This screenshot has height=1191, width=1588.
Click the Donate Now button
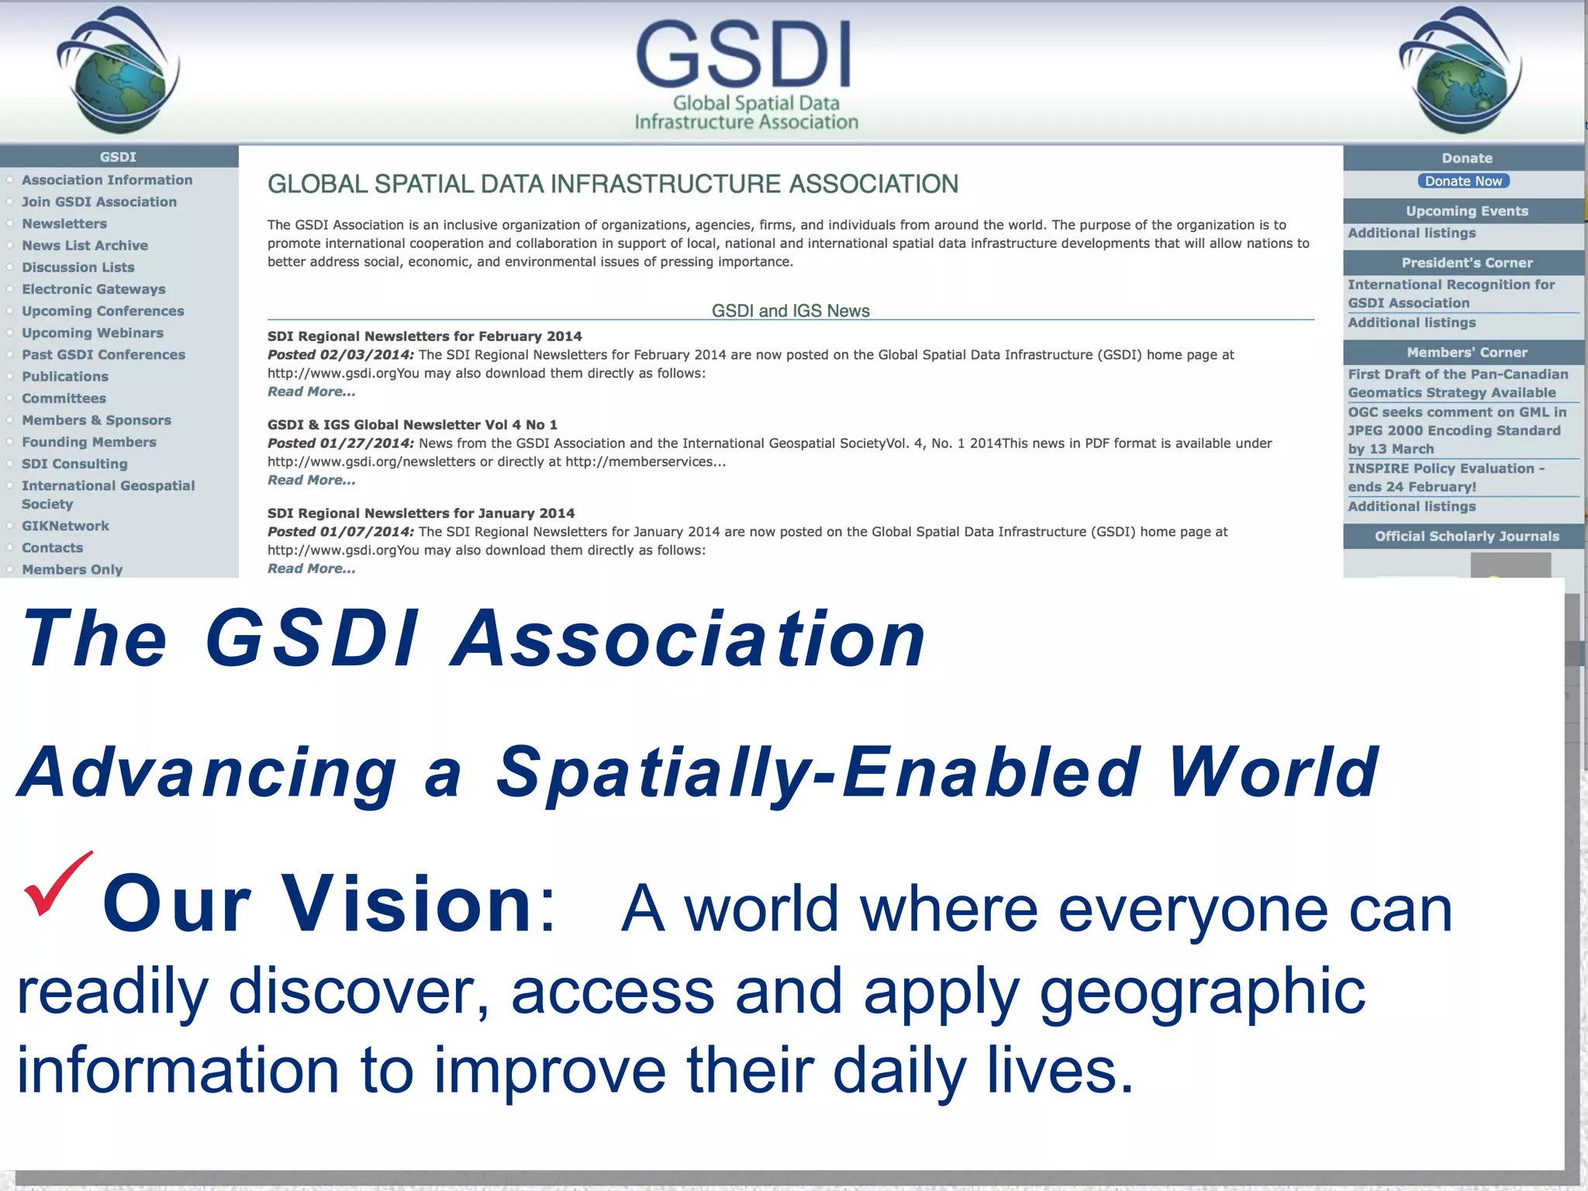click(x=1463, y=181)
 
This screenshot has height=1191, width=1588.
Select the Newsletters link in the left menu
click(x=64, y=223)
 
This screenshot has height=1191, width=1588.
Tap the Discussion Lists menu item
click(x=78, y=267)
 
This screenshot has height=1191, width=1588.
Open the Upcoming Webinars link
click(x=92, y=333)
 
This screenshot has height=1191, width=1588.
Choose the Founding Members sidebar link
click(x=88, y=442)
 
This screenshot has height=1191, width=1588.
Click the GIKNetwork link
click(x=65, y=526)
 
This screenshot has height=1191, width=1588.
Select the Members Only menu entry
click(x=72, y=569)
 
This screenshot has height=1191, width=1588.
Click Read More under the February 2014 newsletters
click(x=311, y=392)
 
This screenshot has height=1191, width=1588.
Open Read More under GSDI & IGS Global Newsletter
click(x=311, y=480)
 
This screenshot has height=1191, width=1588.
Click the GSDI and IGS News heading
click(x=790, y=310)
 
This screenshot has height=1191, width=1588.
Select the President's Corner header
click(x=1466, y=262)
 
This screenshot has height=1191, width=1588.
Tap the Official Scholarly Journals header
click(x=1466, y=536)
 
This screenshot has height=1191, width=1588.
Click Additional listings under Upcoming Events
click(x=1411, y=233)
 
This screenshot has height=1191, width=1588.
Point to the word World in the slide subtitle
click(x=1272, y=772)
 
